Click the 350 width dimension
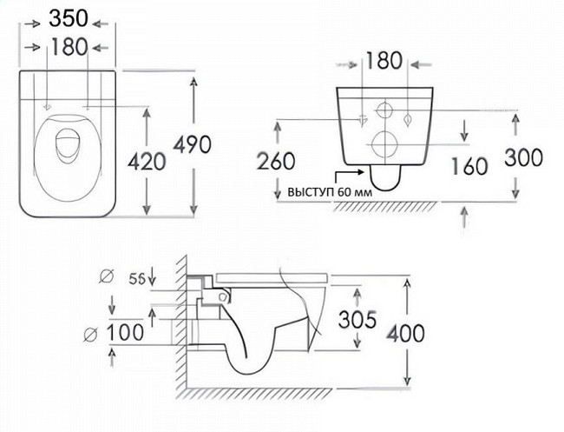click(69, 18)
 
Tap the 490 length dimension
click(193, 144)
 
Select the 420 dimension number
click(148, 161)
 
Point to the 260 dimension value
click(276, 161)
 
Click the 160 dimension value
click(469, 167)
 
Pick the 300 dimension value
click(524, 158)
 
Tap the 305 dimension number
click(357, 319)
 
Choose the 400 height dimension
click(405, 333)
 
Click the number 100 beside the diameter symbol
click(126, 332)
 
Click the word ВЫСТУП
click(312, 192)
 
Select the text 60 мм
click(355, 192)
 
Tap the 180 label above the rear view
click(384, 61)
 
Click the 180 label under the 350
click(69, 47)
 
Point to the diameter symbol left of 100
click(90, 335)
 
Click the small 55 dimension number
click(138, 278)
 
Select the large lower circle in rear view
click(385, 131)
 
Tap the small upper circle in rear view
click(385, 103)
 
